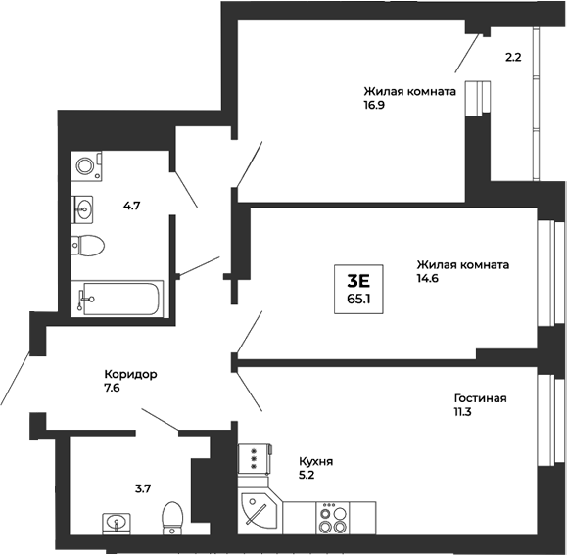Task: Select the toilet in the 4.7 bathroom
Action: [x=88, y=245]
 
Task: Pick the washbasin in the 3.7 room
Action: [x=118, y=524]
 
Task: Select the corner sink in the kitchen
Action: [x=258, y=511]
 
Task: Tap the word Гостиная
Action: [x=480, y=398]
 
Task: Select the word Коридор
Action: [x=131, y=374]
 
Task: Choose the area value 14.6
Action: [x=429, y=278]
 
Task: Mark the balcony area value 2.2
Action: [x=512, y=57]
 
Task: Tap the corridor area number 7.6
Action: [x=113, y=388]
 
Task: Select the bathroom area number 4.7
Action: [x=132, y=206]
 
